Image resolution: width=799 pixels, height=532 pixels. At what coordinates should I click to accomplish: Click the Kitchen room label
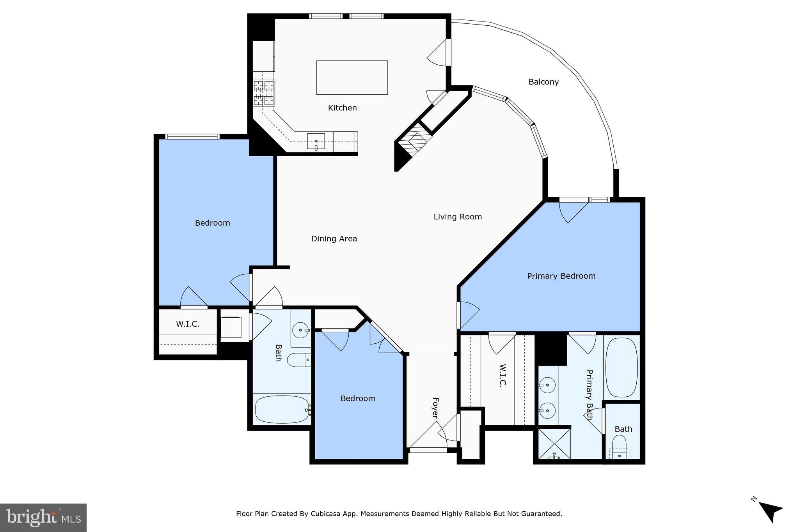[x=342, y=108]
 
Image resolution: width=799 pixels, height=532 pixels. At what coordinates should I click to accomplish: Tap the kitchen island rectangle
[x=352, y=78]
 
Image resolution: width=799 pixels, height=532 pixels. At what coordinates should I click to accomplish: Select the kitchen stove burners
[x=264, y=93]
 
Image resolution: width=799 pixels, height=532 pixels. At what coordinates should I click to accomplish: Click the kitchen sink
[x=316, y=141]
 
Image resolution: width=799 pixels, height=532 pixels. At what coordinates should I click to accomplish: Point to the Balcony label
[x=543, y=82]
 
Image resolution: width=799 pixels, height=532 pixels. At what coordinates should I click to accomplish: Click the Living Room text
[x=458, y=217]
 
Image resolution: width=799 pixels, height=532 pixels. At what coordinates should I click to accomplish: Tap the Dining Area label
[x=334, y=239]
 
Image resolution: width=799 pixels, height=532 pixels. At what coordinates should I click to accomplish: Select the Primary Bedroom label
[x=561, y=276]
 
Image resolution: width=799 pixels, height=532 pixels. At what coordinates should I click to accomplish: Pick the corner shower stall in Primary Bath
[x=554, y=444]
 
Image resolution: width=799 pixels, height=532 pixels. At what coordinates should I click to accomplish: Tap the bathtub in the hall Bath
[x=282, y=409]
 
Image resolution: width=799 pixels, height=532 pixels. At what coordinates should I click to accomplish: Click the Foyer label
[x=435, y=408]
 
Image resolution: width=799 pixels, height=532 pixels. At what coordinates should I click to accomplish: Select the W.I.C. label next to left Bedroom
[x=188, y=324]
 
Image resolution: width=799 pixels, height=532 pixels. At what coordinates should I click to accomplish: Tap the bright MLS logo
[x=43, y=518]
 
